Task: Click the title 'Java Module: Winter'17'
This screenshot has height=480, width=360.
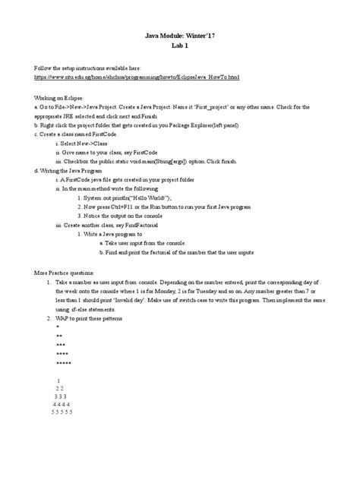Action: pyautogui.click(x=179, y=36)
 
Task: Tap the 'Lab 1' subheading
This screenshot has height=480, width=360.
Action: pyautogui.click(x=179, y=46)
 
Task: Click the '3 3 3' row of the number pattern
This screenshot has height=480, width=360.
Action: pyautogui.click(x=61, y=396)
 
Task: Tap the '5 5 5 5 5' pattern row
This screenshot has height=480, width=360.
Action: pyautogui.click(x=61, y=412)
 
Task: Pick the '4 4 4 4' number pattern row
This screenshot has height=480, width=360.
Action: pyautogui.click(x=61, y=405)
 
